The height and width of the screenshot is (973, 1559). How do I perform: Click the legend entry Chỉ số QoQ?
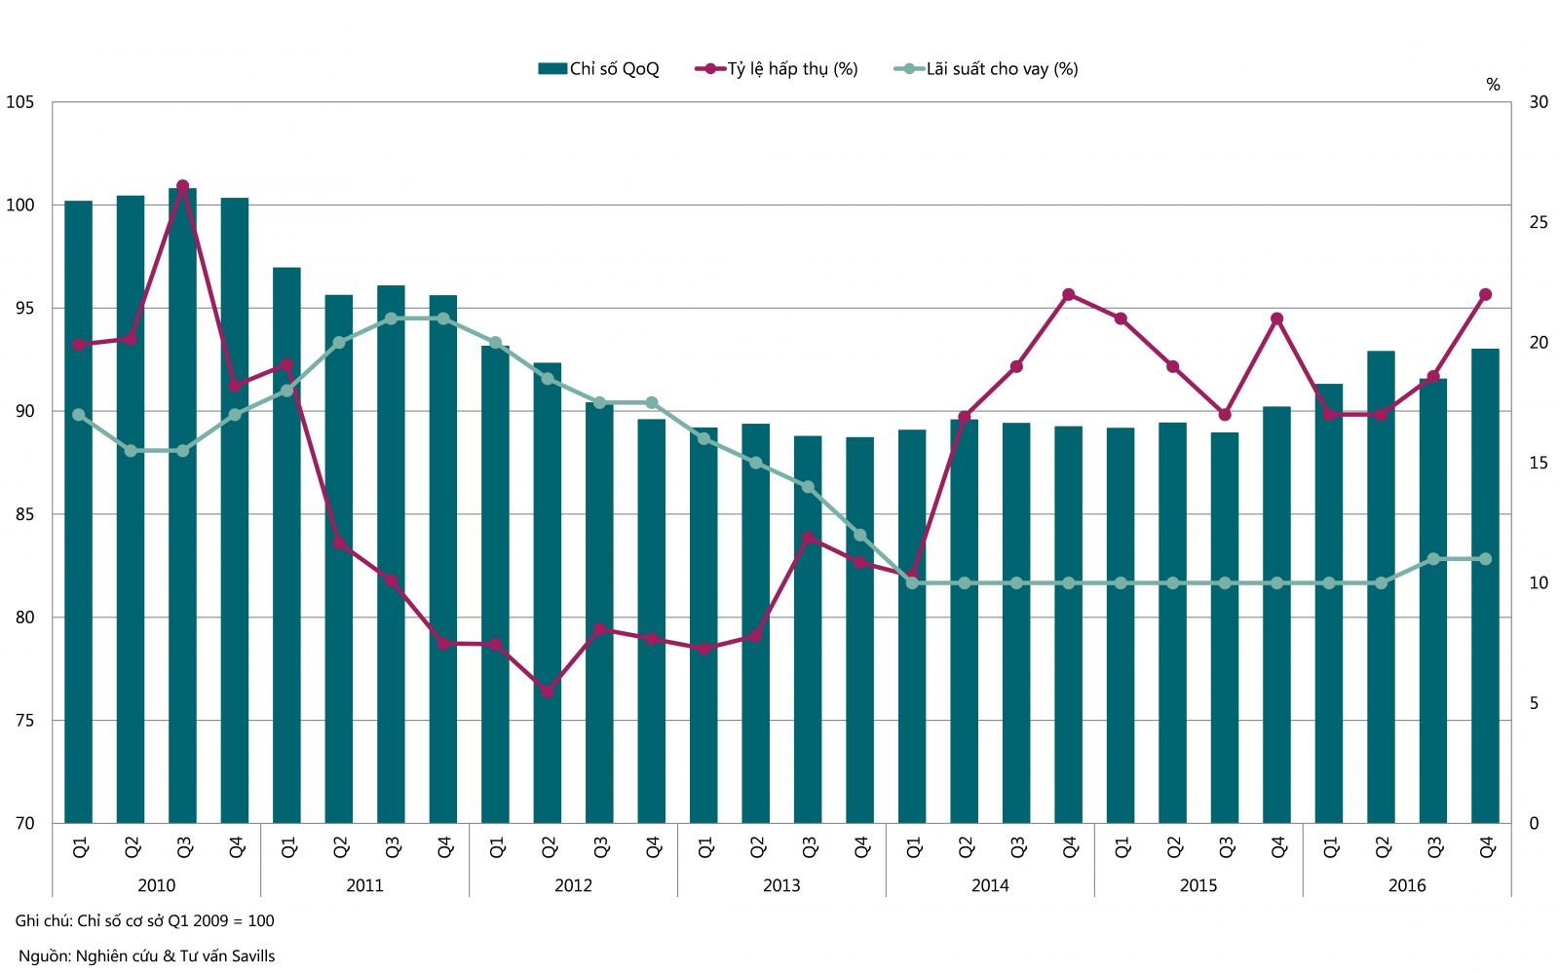[598, 69]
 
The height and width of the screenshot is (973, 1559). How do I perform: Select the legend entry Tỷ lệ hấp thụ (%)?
[777, 69]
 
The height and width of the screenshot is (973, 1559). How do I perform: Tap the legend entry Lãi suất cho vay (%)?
[986, 69]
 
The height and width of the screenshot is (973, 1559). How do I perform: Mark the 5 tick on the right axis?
[1535, 703]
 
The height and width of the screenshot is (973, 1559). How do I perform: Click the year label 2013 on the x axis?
[781, 885]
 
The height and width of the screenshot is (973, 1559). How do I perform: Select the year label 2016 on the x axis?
[1407, 885]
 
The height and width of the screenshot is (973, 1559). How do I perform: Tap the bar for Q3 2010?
[182, 506]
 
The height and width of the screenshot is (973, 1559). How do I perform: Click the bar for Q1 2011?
[286, 545]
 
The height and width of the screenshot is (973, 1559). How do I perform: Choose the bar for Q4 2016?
[1485, 584]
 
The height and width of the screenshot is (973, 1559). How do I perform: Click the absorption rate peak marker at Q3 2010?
[182, 185]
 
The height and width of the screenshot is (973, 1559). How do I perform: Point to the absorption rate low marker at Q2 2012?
[548, 692]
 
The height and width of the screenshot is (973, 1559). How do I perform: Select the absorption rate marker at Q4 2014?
[1069, 294]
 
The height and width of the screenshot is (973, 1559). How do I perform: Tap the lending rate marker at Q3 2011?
[391, 318]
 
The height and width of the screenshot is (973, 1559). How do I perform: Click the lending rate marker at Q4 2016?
[1485, 559]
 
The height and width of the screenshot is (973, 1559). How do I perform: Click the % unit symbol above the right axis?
[1493, 85]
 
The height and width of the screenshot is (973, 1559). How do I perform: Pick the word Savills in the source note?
[250, 956]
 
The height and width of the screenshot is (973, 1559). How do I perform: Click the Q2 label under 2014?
[966, 848]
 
